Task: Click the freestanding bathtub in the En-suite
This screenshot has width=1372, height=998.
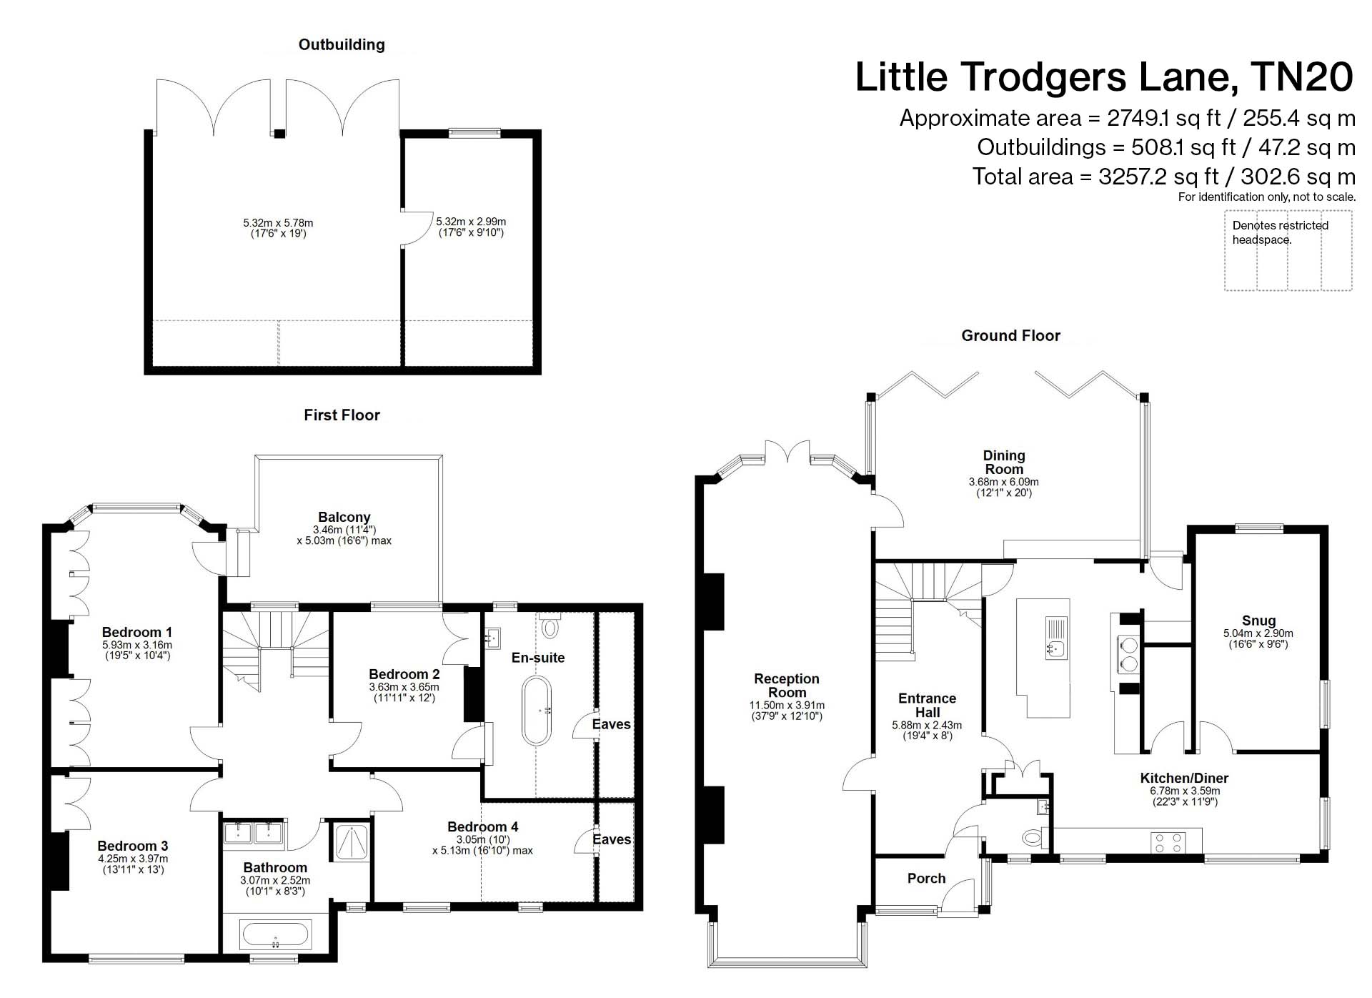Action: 537,711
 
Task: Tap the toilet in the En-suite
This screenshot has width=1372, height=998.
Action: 550,626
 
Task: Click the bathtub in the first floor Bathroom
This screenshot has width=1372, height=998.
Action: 276,934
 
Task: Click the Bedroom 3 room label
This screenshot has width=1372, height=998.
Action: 133,846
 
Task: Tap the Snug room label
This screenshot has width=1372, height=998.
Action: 1258,621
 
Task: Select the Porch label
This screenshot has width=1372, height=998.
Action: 926,878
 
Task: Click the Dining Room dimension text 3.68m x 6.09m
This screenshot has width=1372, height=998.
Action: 1004,482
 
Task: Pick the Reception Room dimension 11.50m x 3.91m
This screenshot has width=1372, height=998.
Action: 787,705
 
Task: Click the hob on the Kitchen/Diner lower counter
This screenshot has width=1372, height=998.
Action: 1168,842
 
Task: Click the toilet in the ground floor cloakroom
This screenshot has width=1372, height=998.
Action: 1032,836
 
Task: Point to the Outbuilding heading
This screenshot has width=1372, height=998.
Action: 342,44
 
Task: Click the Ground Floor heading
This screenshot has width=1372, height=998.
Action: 1010,335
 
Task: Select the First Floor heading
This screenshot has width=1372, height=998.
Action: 342,415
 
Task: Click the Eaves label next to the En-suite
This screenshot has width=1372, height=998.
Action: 611,724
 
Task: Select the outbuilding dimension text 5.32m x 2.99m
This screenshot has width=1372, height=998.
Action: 471,222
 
